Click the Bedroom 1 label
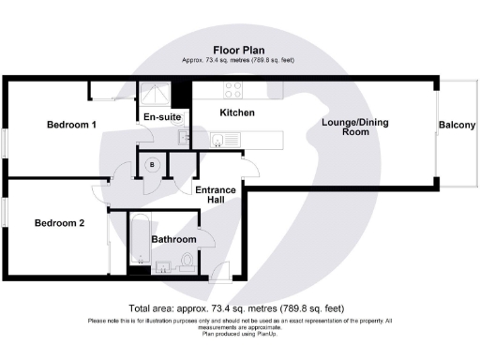pyautogui.click(x=71, y=125)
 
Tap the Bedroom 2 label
pyautogui.click(x=60, y=222)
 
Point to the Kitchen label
pyautogui.click(x=237, y=112)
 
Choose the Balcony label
pyautogui.click(x=456, y=124)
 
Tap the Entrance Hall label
pyautogui.click(x=215, y=195)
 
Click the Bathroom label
pyautogui.click(x=173, y=239)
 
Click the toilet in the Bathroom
pyautogui.click(x=187, y=260)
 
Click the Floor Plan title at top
pyautogui.click(x=238, y=52)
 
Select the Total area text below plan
pyautogui.click(x=239, y=308)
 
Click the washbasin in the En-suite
pyautogui.click(x=181, y=137)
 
